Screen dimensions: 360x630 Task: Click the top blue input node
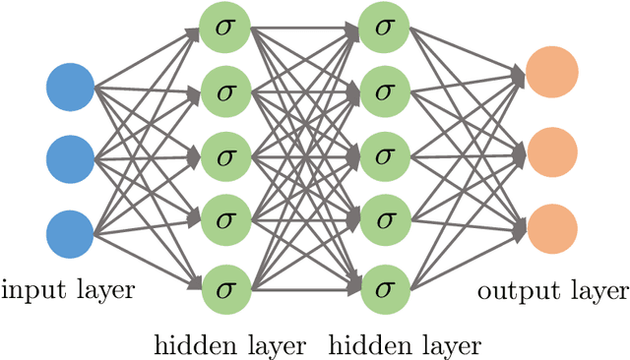(70, 87)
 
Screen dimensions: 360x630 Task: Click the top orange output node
(551, 73)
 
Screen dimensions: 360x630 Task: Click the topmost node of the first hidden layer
(223, 25)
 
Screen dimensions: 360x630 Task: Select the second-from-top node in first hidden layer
(223, 90)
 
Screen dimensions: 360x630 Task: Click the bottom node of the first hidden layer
(223, 289)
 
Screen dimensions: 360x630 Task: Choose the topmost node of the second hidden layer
(383, 25)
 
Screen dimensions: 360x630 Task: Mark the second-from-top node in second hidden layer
(383, 90)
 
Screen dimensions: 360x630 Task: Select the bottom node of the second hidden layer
(383, 289)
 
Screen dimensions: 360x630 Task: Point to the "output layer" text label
(552, 291)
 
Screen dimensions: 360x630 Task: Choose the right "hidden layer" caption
(404, 345)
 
